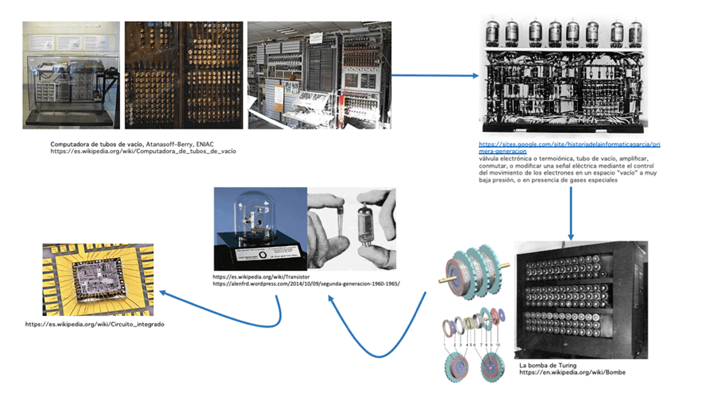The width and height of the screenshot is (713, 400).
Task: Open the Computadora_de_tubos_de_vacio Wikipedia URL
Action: tap(143, 150)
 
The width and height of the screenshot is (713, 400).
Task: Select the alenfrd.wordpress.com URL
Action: tap(306, 283)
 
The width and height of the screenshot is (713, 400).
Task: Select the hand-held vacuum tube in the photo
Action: tap(366, 230)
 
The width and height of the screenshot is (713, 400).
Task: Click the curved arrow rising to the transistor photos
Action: tap(373, 333)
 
